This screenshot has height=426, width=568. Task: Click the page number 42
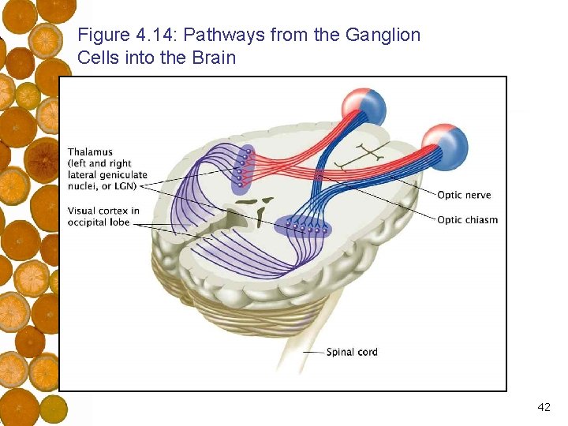pos(544,407)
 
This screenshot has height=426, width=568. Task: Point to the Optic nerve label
pos(464,195)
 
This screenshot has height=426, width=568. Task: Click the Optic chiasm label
pos(467,219)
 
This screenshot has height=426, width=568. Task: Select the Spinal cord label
pos(352,351)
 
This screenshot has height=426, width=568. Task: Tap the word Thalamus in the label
pos(90,151)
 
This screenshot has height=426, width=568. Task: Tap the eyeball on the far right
pos(445,147)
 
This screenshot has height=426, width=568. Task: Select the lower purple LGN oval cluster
pos(304,227)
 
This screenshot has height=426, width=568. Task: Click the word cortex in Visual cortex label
pos(113,211)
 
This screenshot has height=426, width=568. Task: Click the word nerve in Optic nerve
pos(478,195)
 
